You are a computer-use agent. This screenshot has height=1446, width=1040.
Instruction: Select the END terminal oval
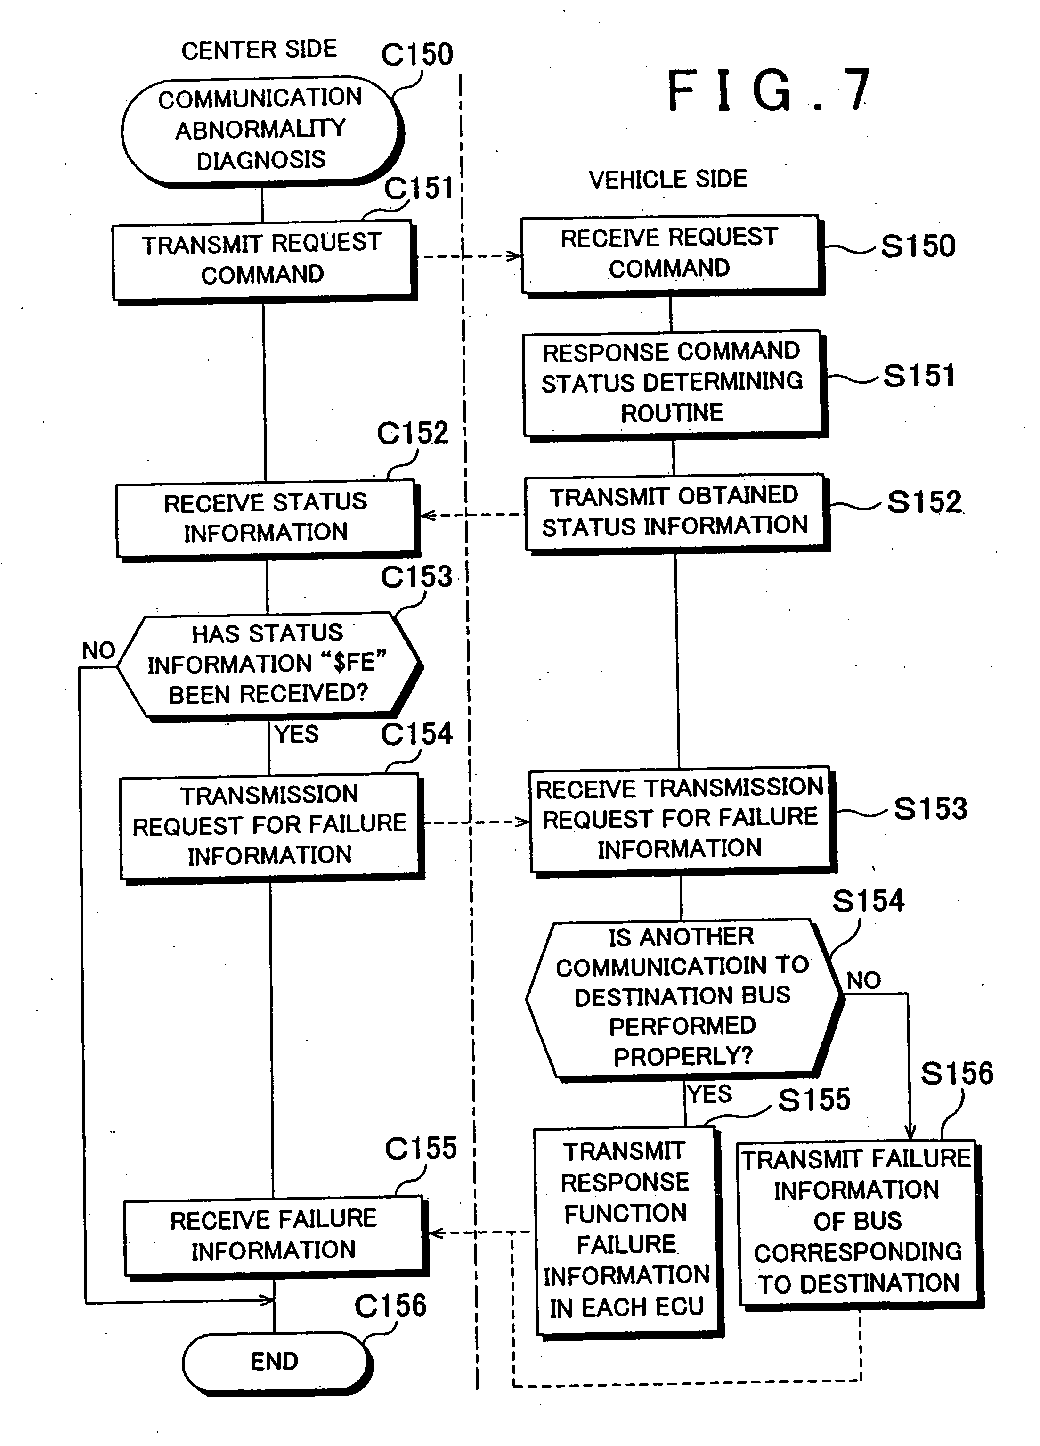click(275, 1361)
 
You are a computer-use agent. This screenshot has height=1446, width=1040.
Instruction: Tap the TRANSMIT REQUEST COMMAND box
click(262, 260)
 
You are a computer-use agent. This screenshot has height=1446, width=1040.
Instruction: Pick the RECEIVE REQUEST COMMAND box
click(670, 254)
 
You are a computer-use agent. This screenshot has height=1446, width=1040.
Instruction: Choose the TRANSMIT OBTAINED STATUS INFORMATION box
click(674, 511)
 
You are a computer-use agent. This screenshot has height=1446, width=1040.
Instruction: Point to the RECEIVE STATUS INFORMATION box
click(266, 518)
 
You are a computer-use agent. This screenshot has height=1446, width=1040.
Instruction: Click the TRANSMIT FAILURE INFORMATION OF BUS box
click(857, 1222)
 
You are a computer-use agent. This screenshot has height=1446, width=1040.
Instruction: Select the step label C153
click(416, 577)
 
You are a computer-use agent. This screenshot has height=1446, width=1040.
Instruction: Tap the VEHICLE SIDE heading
click(668, 180)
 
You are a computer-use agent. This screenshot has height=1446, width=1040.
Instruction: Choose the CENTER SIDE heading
click(259, 50)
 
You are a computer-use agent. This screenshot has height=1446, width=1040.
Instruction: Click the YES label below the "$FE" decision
click(297, 734)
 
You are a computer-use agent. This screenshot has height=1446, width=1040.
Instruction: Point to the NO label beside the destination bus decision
click(863, 980)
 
